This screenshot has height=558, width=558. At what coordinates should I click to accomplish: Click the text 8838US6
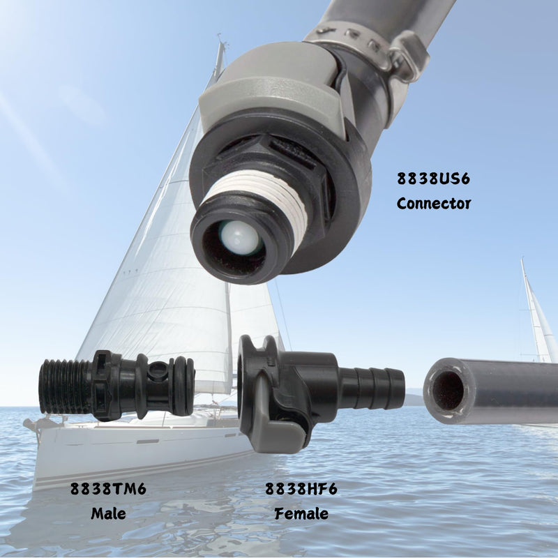tap(433, 179)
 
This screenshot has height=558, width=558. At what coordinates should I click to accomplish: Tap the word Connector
tap(433, 204)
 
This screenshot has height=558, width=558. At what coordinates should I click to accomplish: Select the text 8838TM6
tap(108, 489)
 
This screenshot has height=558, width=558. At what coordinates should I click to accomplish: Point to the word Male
tap(108, 513)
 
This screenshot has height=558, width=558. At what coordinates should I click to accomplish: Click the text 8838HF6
tap(301, 489)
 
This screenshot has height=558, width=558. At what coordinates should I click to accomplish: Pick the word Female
tap(301, 513)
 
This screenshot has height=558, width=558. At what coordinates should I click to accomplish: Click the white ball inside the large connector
tap(238, 236)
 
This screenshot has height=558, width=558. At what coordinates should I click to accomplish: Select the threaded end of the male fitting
tap(65, 386)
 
